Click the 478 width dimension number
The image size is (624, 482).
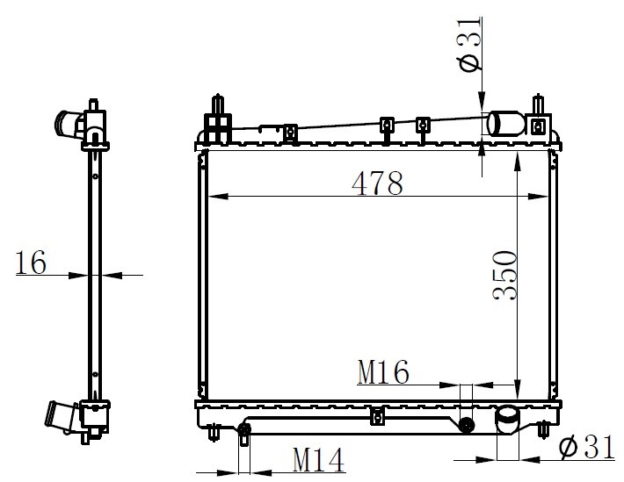click(x=377, y=183)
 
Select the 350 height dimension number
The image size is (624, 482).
click(x=505, y=275)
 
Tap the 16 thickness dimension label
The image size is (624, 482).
click(x=31, y=263)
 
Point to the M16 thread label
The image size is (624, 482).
click(x=383, y=372)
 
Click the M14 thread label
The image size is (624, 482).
click(x=318, y=460)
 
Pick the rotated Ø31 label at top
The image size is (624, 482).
click(x=468, y=45)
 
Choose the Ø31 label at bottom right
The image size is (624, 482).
click(x=587, y=448)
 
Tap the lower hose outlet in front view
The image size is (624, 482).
click(x=507, y=420)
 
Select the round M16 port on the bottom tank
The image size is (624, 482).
click(x=466, y=425)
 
